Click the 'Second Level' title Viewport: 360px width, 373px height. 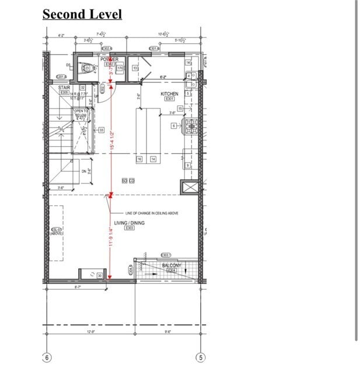(x=82, y=14)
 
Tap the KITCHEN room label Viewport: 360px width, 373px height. (x=170, y=93)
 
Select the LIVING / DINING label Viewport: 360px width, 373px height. (x=129, y=223)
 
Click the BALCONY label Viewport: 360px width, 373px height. (x=172, y=266)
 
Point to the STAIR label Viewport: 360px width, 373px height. (x=64, y=87)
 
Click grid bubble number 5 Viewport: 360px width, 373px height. (x=200, y=357)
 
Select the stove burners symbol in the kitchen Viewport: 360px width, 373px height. (x=190, y=125)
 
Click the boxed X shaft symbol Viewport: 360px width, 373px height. (x=190, y=187)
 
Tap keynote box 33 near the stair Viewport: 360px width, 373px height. (x=101, y=130)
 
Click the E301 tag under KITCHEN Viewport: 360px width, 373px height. (x=170, y=99)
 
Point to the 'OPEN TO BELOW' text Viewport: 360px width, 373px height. (x=81, y=113)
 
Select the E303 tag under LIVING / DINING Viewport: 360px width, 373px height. (x=130, y=228)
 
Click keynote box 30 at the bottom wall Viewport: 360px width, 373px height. (x=100, y=276)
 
